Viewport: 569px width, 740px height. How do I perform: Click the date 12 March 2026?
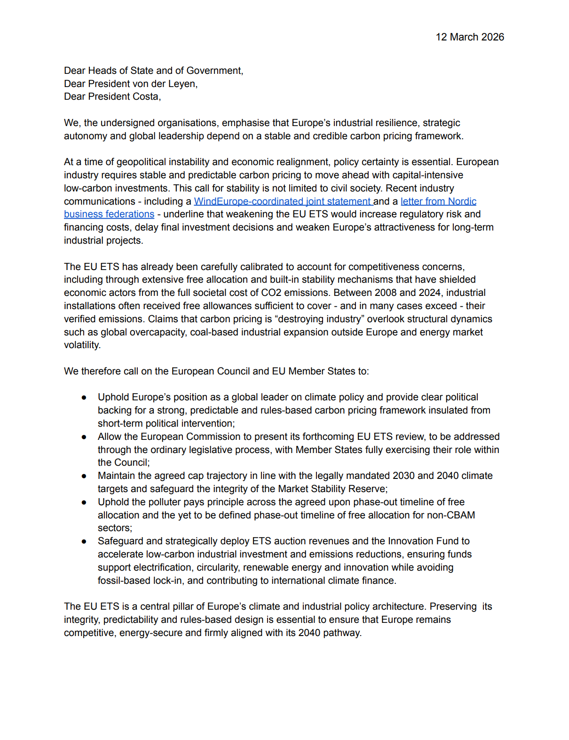pyautogui.click(x=469, y=37)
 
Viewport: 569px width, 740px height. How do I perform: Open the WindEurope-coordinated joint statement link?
pyautogui.click(x=283, y=201)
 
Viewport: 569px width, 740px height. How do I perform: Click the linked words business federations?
pyautogui.click(x=109, y=214)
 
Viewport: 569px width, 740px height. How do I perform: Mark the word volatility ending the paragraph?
pyautogui.click(x=82, y=345)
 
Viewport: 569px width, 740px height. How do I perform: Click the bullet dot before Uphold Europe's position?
pyautogui.click(x=84, y=398)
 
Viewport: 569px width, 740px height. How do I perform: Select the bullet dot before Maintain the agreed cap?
pyautogui.click(x=84, y=476)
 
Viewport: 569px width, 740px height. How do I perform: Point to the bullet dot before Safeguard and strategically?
pyautogui.click(x=84, y=541)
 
